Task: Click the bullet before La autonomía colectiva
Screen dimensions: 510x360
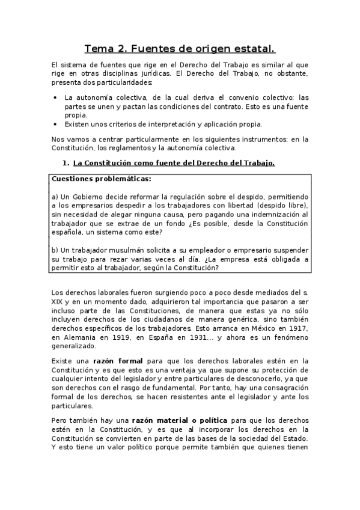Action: (x=55, y=97)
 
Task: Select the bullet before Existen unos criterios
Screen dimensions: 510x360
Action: (x=55, y=124)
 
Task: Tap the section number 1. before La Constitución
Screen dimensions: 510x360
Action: (x=66, y=163)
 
